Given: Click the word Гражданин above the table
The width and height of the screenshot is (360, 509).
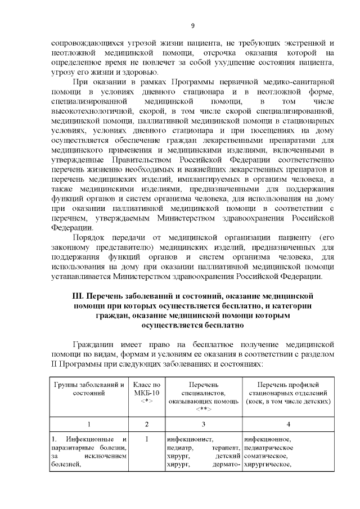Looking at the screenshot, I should pos(96,343).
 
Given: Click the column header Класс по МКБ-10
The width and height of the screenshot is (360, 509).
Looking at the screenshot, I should pos(147,388).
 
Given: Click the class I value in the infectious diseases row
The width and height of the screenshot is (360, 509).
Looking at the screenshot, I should pos(147,439).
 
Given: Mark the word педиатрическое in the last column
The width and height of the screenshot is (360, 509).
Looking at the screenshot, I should pos(269,448).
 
